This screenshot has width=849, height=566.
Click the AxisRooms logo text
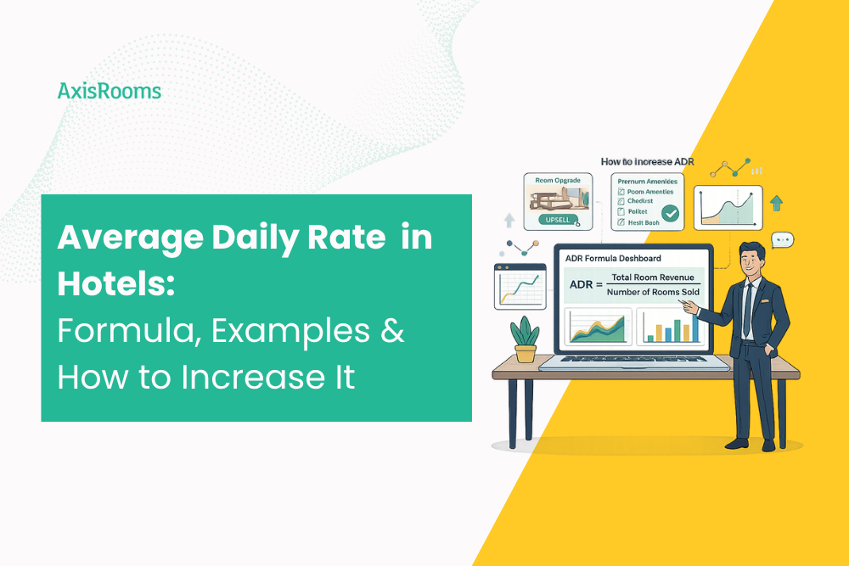click(x=109, y=91)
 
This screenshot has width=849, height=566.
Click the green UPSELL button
click(x=559, y=221)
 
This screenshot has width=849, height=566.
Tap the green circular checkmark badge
click(x=671, y=214)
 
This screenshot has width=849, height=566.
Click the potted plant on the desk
click(x=526, y=339)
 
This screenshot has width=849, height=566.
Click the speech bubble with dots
click(x=783, y=240)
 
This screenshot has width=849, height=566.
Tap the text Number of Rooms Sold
click(x=653, y=293)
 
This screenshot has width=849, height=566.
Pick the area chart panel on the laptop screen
click(x=599, y=326)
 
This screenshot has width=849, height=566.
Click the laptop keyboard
click(x=633, y=361)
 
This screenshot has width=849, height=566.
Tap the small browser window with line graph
click(x=519, y=286)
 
